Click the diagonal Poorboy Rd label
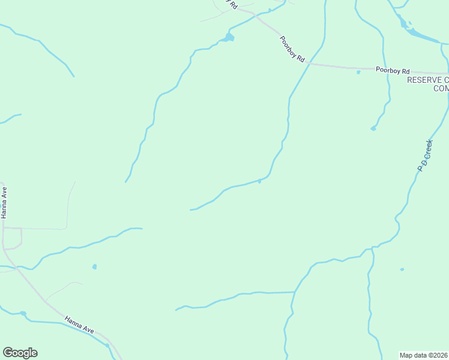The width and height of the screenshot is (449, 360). coord(293,50)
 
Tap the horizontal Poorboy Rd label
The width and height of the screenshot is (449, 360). coord(392,70)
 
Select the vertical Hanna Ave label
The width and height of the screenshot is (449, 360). coord(4,204)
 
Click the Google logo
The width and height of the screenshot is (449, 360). coord(20,353)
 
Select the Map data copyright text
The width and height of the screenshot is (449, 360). coord(424,355)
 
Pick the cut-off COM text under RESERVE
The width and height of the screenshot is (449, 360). coord(441,89)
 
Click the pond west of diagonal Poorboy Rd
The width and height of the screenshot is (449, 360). coord(228,38)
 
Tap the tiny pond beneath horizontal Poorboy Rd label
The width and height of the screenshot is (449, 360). coord(358,73)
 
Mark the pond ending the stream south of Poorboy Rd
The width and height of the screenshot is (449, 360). coord(373,128)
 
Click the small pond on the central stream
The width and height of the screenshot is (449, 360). coord(259,181)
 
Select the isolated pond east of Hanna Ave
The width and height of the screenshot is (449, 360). coord(94,266)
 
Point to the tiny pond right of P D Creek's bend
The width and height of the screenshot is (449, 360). coord(402,269)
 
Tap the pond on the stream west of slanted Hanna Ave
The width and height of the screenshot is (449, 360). coord(23,313)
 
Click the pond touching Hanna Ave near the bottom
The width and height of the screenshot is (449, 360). coord(107,345)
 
